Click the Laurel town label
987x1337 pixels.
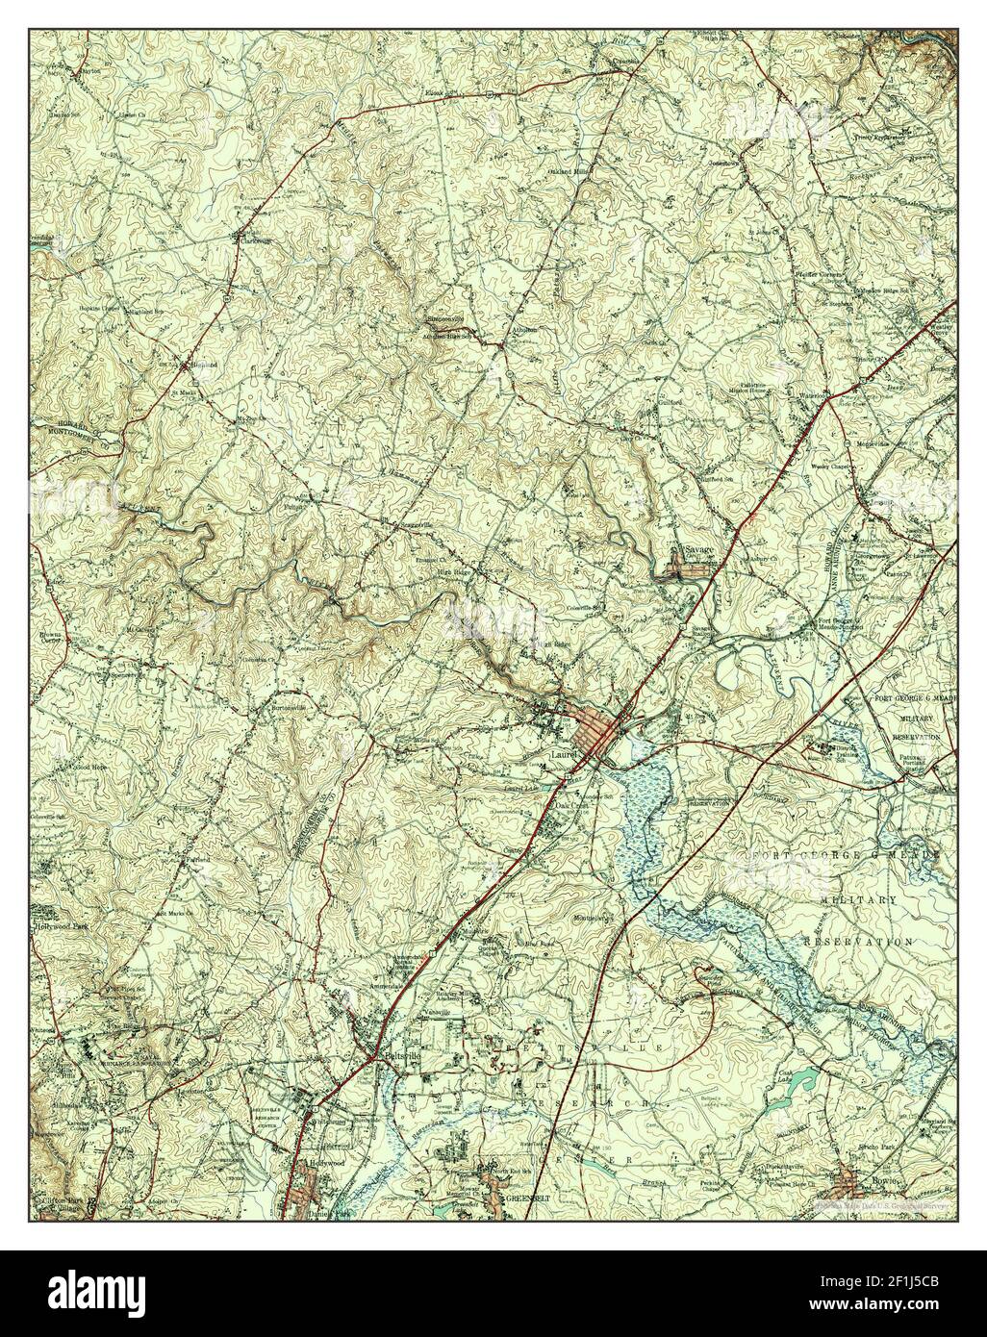point(556,755)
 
